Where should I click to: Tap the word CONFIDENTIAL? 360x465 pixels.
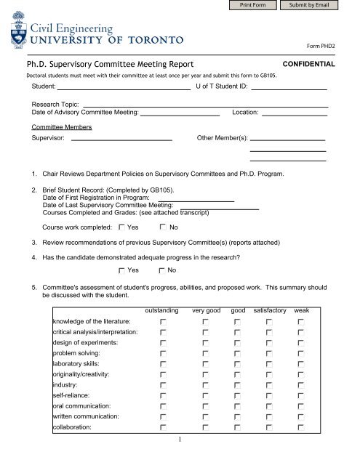tap(308, 64)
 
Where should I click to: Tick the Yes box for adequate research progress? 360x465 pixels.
tap(121, 271)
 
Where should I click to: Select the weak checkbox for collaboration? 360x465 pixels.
tap(300, 428)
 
